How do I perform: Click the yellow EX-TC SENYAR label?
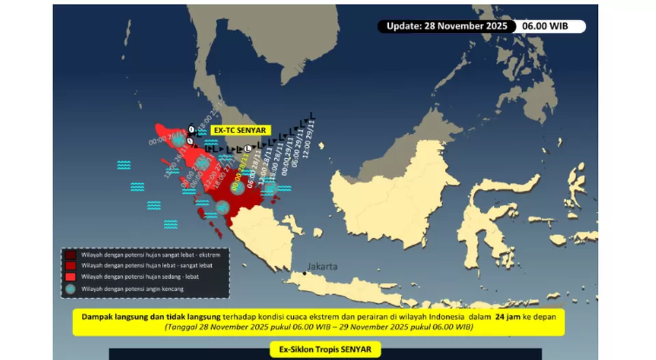coord(238,130)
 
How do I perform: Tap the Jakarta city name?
coord(323,266)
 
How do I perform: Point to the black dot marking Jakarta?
coord(305,273)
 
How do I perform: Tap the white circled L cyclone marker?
coord(248,149)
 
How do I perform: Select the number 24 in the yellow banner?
coord(502,317)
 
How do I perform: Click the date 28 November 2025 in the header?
coord(468,27)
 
